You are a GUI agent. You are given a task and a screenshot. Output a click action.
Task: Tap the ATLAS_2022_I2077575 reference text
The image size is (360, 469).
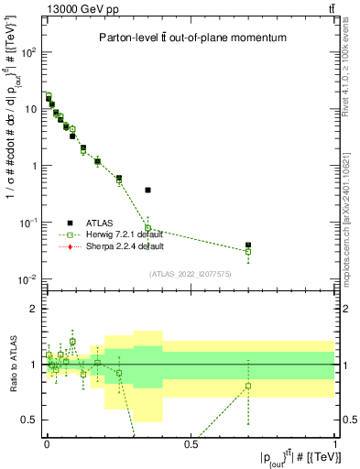point(191,273)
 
